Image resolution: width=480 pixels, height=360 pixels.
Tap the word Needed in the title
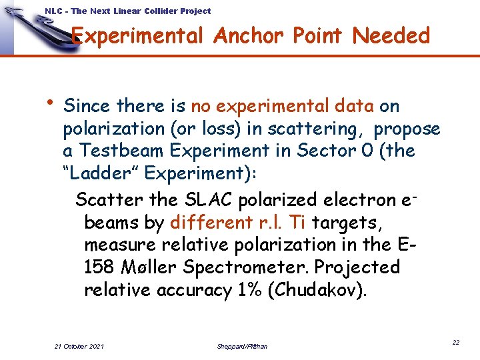pyautogui.click(x=391, y=36)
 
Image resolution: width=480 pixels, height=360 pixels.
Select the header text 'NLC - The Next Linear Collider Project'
pyautogui.click(x=128, y=11)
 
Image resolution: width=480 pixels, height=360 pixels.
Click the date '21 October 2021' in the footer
pyautogui.click(x=79, y=346)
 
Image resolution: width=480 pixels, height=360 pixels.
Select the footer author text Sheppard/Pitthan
pyautogui.click(x=242, y=346)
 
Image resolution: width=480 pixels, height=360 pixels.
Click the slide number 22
pyautogui.click(x=456, y=342)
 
